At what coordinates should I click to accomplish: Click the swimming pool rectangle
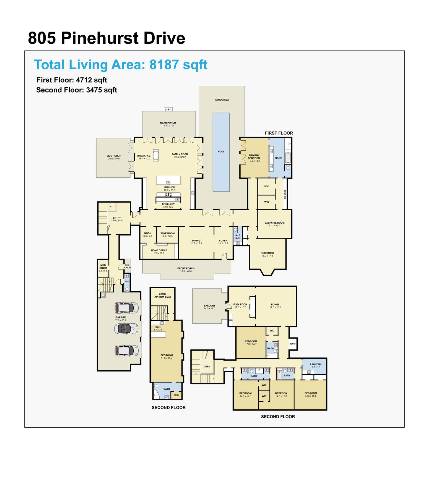coord(221,152)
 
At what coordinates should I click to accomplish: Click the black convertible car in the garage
coord(126,328)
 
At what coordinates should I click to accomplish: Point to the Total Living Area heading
coord(121,65)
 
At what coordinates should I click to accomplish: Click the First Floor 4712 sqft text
coord(72,80)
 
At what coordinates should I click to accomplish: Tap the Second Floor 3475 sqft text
coord(77,90)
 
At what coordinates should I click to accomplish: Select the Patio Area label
coord(222,100)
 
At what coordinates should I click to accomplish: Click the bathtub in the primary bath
coord(288,158)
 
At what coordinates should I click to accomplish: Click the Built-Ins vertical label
coord(285,194)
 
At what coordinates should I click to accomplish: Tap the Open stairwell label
coord(207,367)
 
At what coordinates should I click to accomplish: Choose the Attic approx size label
coord(162,295)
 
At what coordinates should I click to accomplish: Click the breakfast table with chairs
coord(156,155)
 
